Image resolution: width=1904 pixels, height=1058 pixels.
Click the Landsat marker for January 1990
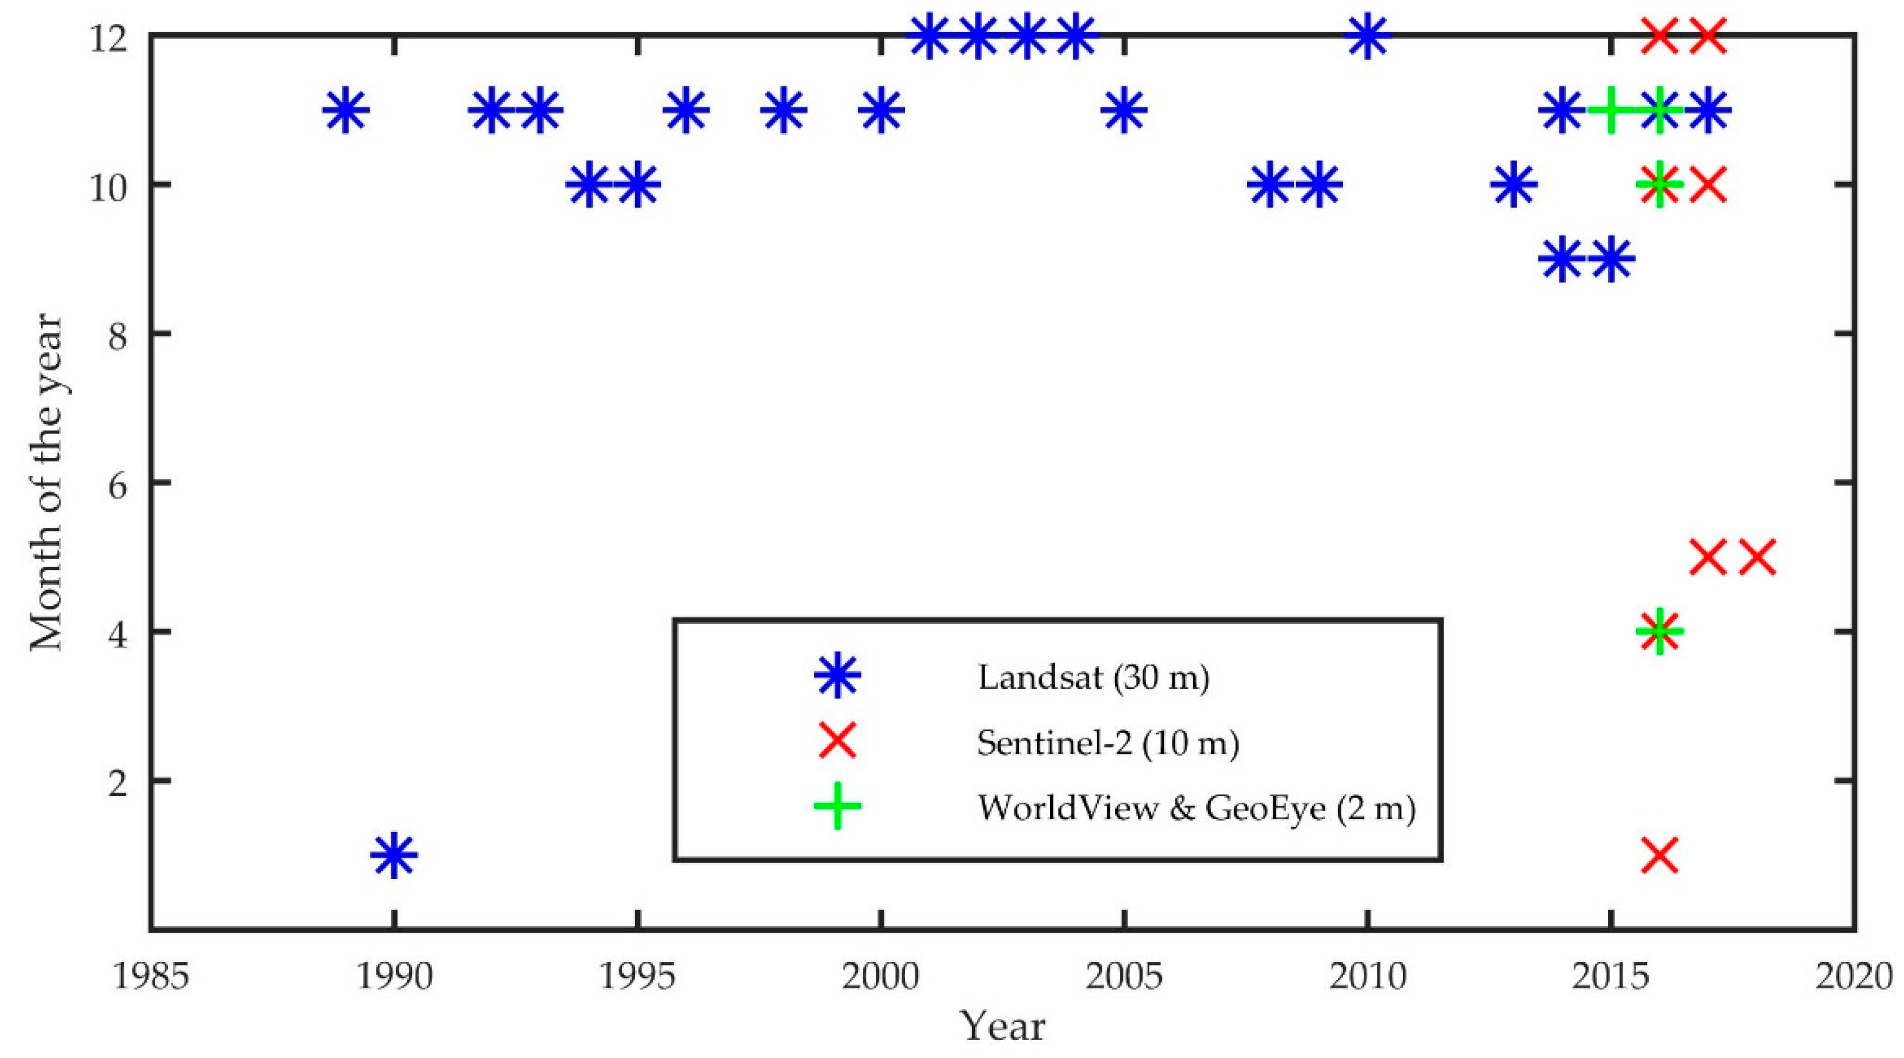point(393,854)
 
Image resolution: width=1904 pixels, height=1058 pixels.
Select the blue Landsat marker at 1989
point(345,109)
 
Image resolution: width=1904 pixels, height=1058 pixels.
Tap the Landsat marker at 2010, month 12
point(1367,35)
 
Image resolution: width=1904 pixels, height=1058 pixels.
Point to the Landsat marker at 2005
point(1123,109)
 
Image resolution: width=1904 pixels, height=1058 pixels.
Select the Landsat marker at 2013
point(1513,184)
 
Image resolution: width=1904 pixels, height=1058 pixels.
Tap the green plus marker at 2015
point(1611,109)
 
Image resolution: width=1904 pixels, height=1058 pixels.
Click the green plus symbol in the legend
point(837,805)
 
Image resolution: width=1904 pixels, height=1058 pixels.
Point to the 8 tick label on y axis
point(119,333)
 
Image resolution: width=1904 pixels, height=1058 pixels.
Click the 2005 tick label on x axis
point(1123,977)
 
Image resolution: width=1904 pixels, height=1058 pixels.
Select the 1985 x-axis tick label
point(150,977)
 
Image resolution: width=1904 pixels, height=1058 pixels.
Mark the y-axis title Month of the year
point(46,482)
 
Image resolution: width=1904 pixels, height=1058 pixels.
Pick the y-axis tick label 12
point(109,36)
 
